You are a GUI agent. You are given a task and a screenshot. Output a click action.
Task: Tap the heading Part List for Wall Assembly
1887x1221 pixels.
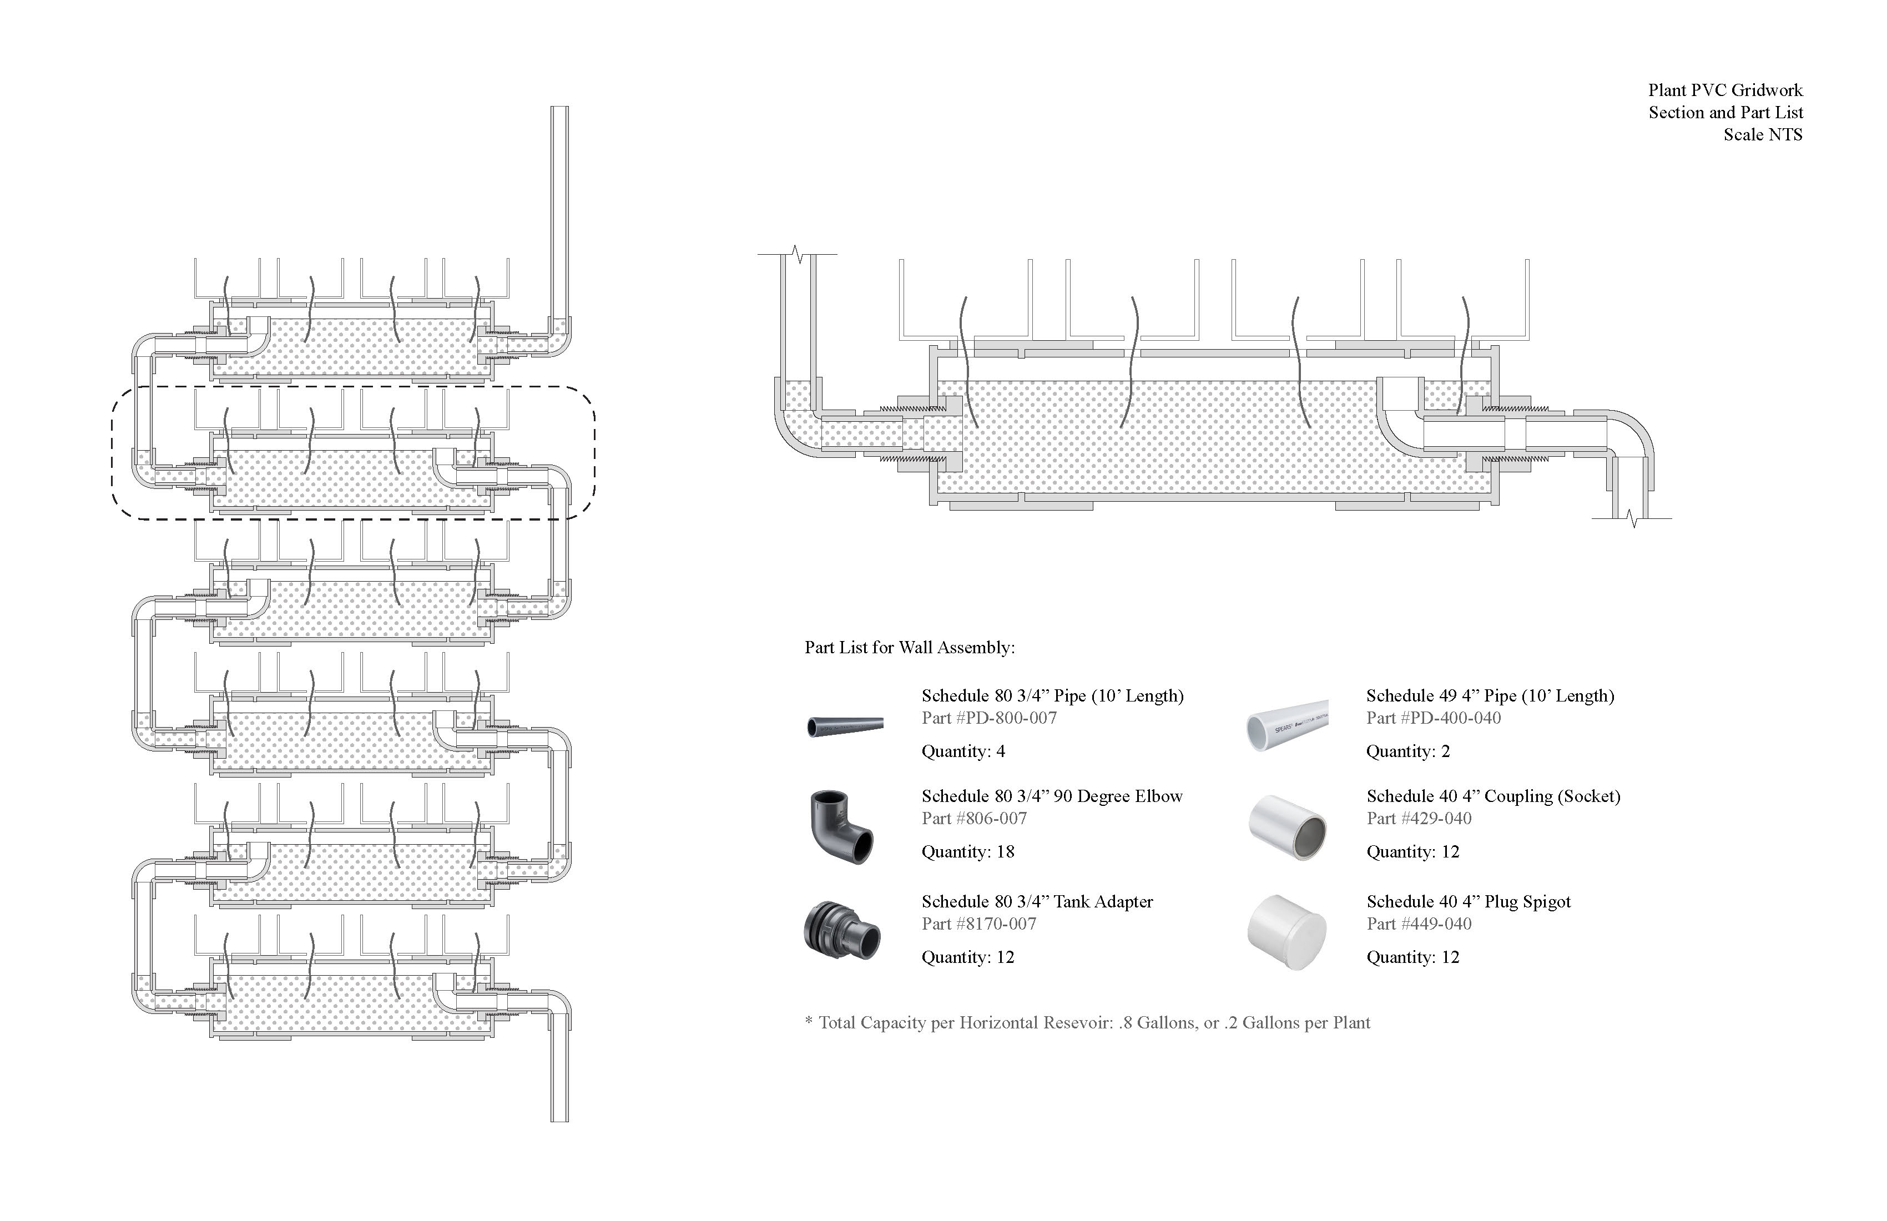click(x=910, y=648)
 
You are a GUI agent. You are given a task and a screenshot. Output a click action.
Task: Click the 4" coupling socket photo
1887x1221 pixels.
click(x=1288, y=827)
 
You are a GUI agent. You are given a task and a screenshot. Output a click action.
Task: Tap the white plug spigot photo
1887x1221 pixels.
click(x=1286, y=932)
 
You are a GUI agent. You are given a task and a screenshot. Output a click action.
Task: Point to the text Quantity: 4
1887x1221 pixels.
click(x=962, y=751)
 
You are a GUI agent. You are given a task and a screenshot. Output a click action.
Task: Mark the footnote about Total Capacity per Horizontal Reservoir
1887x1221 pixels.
click(x=1087, y=1023)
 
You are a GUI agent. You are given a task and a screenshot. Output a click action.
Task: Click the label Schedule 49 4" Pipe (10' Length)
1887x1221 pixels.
click(x=1490, y=696)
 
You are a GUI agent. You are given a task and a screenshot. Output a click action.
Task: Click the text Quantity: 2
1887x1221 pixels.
click(x=1407, y=751)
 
